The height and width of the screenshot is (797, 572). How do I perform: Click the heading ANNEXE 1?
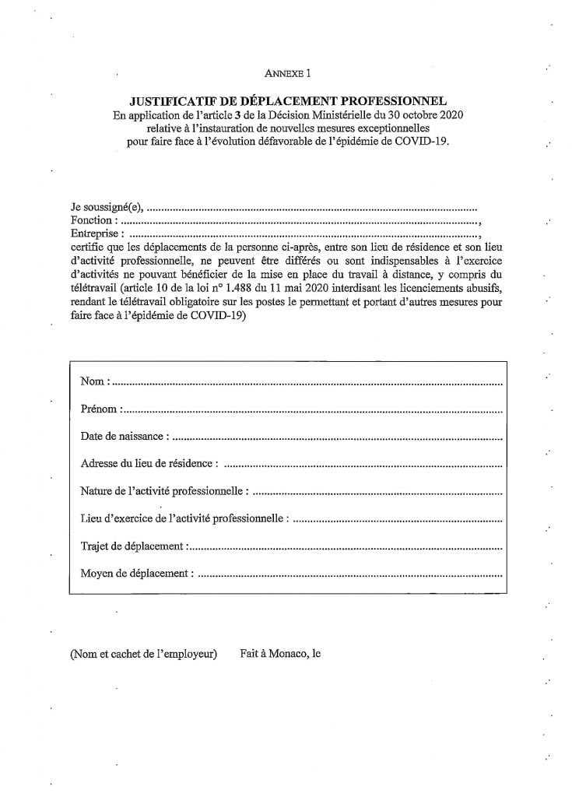tap(287, 74)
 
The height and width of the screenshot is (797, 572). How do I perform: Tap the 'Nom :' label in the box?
tap(95, 381)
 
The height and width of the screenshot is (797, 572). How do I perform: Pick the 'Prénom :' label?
tap(100, 409)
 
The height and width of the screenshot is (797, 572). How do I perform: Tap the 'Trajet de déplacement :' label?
tap(133, 546)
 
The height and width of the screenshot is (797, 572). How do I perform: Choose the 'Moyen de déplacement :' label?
tap(136, 574)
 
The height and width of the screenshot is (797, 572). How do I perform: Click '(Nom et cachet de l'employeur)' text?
tap(143, 655)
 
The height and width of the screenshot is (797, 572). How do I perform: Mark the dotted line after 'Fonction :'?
tap(296, 222)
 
